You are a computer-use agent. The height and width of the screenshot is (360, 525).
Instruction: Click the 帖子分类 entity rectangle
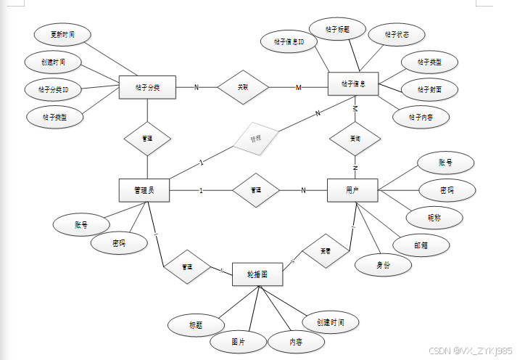pos(147,88)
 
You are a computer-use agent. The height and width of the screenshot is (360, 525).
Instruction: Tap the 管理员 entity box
pos(144,190)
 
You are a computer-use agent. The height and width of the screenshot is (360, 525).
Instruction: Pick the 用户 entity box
pos(353,190)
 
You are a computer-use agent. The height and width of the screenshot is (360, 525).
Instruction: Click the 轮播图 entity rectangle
pos(257,275)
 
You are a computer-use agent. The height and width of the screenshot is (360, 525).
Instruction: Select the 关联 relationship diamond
pos(243,87)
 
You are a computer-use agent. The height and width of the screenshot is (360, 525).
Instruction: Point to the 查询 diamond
pos(355,137)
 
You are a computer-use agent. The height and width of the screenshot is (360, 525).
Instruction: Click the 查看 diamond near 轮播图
pos(326,251)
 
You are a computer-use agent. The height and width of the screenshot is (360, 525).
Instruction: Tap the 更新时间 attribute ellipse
pos(63,34)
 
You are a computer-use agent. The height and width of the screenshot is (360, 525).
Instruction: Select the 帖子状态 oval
pos(395,34)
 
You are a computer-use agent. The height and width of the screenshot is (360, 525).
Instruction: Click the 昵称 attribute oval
pos(434,216)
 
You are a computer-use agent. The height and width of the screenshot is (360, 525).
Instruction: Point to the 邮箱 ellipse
pos(421,245)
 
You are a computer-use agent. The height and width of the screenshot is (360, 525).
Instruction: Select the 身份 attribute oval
pos(383,265)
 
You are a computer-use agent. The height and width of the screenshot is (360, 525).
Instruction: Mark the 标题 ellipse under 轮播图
pos(195,324)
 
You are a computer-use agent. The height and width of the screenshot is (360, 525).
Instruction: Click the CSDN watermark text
pos(471,350)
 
